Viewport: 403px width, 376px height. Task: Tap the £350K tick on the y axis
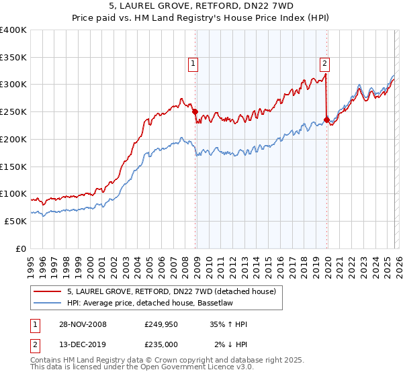pos(13,57)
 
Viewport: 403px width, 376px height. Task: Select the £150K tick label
pos(13,167)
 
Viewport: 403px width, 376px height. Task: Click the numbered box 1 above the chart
pos(193,64)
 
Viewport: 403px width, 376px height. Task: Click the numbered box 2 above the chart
pos(324,64)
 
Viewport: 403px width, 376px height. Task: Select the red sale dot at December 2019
pos(327,120)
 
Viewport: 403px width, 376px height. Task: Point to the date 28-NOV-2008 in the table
pos(83,324)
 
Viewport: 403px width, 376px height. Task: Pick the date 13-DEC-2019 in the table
pos(83,344)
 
